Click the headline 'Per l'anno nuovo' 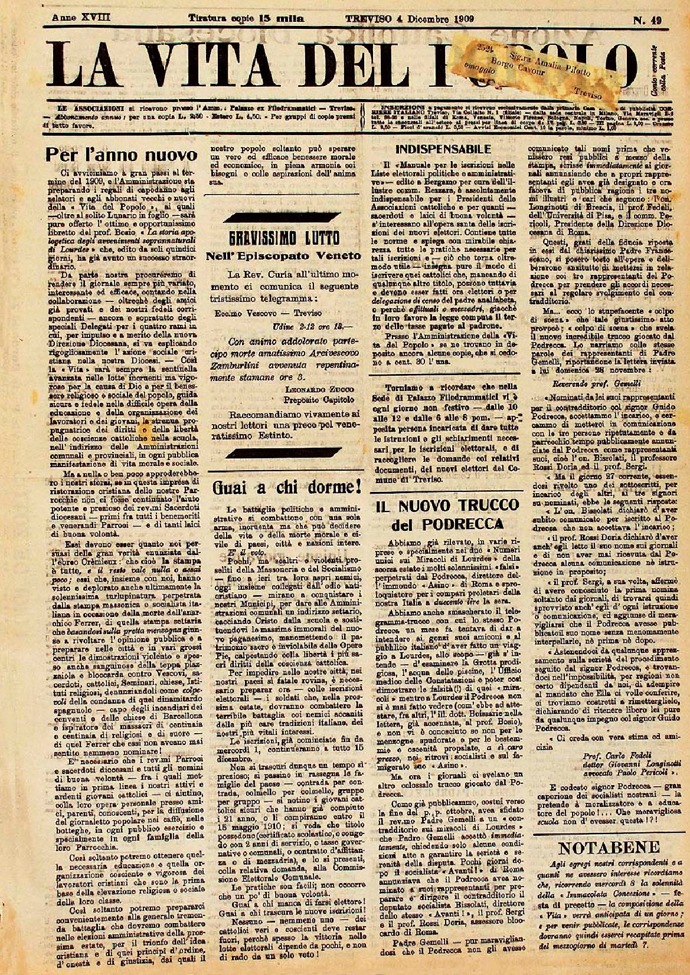click(120, 155)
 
